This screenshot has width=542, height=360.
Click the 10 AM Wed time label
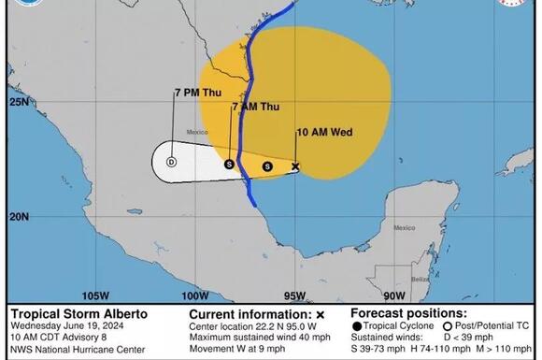click(323, 132)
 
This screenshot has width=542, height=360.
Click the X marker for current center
click(295, 166)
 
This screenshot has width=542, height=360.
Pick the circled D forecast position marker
click(171, 162)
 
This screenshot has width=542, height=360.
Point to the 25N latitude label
click(18, 101)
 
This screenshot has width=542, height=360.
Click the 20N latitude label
click(18, 216)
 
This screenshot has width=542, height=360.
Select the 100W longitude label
click(192, 295)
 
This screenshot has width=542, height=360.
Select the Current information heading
click(249, 314)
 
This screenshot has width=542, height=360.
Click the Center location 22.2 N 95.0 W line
click(254, 326)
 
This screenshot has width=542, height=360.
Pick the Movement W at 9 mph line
click(237, 349)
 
